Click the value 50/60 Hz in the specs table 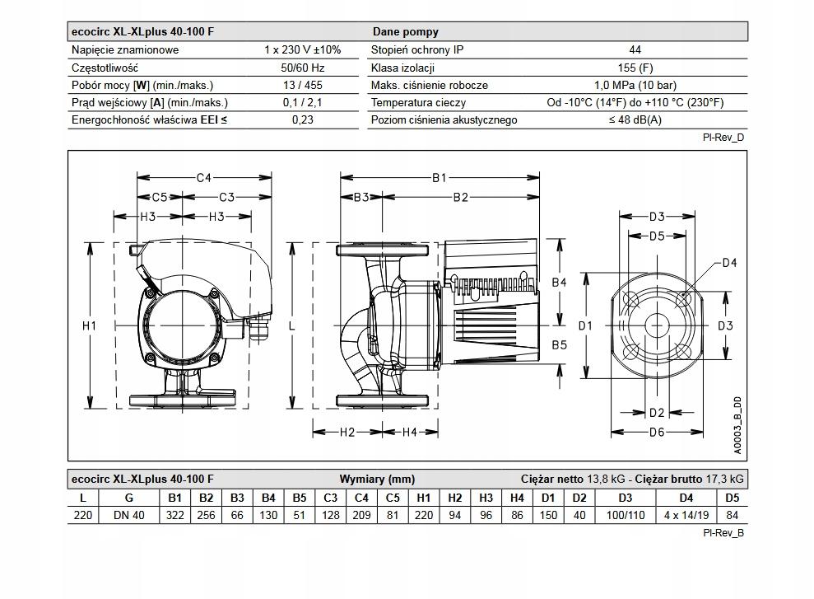click(x=302, y=68)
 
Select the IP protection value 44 click(x=635, y=49)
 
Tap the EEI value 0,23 click(x=302, y=120)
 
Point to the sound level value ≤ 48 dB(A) click(x=635, y=120)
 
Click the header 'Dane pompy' click(x=405, y=31)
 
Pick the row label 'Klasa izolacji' click(x=402, y=68)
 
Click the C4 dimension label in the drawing click(x=204, y=177)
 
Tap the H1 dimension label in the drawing click(x=90, y=326)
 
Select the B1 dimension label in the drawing click(x=439, y=177)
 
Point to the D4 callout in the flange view click(x=729, y=263)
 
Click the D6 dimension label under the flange click(x=656, y=432)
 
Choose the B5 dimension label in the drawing click(x=559, y=344)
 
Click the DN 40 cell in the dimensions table click(x=128, y=515)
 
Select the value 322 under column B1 click(x=175, y=515)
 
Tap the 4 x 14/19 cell click(x=686, y=515)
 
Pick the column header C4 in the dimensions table click(x=361, y=498)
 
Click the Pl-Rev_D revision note click(x=724, y=138)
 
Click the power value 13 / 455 click(x=302, y=85)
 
